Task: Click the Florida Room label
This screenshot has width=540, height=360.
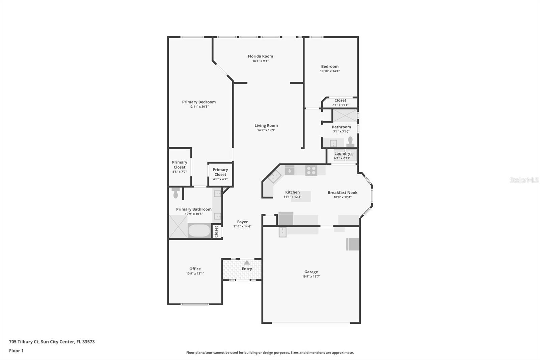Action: tap(260, 56)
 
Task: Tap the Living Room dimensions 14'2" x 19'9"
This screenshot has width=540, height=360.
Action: tap(266, 130)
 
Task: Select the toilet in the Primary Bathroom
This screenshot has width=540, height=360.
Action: tap(175, 193)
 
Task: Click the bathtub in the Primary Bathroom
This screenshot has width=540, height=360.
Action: tap(199, 231)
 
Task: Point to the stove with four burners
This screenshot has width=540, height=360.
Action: tap(311, 170)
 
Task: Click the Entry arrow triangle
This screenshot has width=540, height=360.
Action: tap(247, 262)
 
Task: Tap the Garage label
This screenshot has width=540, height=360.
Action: tap(311, 272)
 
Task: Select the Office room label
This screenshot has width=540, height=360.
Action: tap(195, 269)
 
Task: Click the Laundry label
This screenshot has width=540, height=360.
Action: tap(342, 153)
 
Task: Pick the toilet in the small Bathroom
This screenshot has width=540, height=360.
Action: tap(350, 142)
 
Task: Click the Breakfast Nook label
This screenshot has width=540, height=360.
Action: tap(342, 192)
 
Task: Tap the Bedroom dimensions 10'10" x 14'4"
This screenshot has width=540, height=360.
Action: tap(330, 71)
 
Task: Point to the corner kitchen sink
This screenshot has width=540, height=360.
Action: tap(274, 176)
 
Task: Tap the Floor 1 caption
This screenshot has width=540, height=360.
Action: tap(16, 351)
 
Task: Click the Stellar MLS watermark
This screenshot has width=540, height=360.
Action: tap(524, 180)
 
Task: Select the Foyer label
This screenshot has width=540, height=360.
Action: tap(242, 222)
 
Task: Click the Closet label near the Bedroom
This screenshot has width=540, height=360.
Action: tap(340, 100)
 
